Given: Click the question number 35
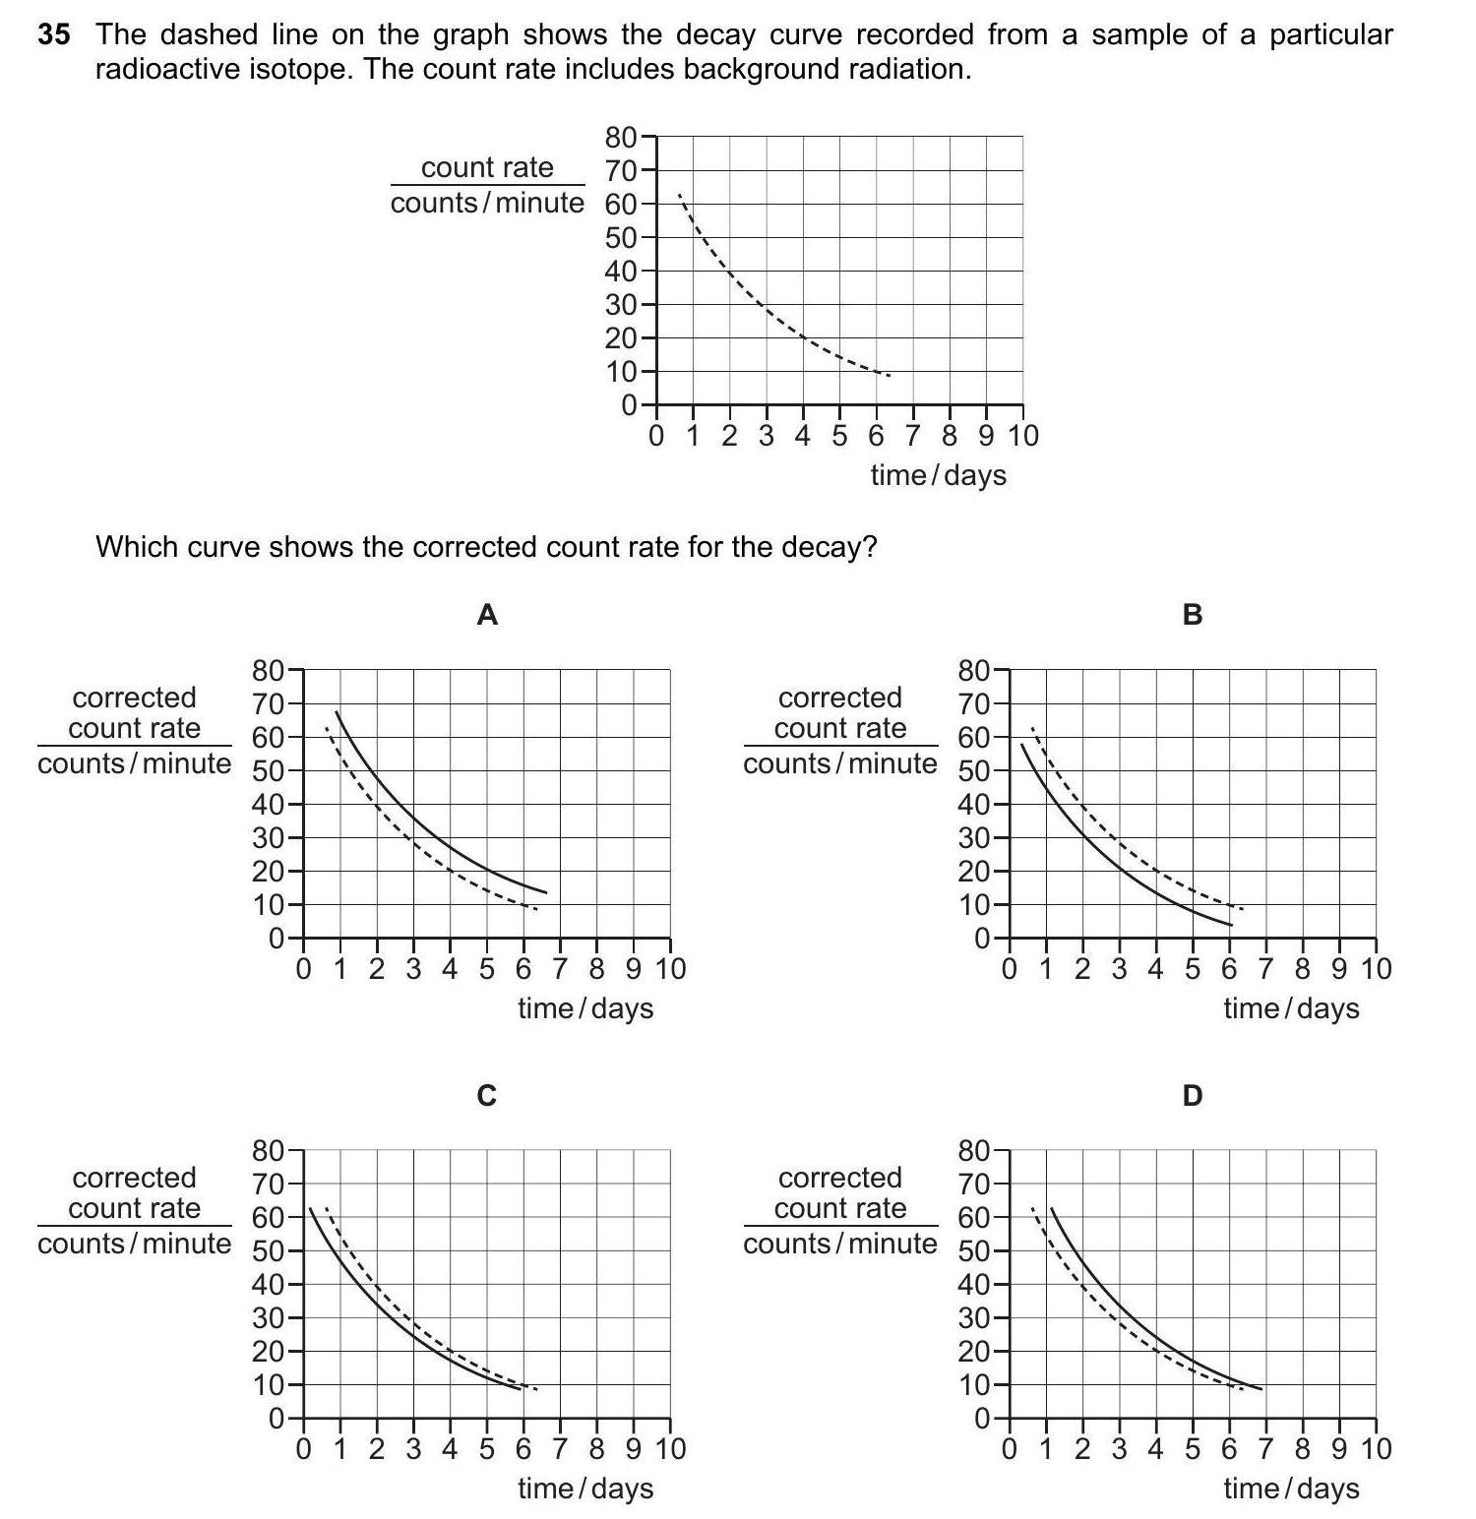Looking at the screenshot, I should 54,35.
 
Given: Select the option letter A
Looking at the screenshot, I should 487,615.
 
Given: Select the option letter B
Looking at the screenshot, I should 1193,615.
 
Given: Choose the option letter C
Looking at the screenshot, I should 487,1095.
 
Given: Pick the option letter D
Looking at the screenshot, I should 1193,1095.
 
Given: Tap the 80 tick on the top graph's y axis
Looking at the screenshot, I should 622,137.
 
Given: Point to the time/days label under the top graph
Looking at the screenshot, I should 938,475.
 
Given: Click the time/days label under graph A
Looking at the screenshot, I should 585,1008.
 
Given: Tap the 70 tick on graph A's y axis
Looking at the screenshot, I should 269,704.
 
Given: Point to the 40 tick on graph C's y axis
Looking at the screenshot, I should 269,1285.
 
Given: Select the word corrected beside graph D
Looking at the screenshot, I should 839,1178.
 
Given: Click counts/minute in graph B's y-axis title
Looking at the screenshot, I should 839,763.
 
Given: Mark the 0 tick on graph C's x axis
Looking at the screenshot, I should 303,1449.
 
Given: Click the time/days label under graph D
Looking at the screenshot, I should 1291,1489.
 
